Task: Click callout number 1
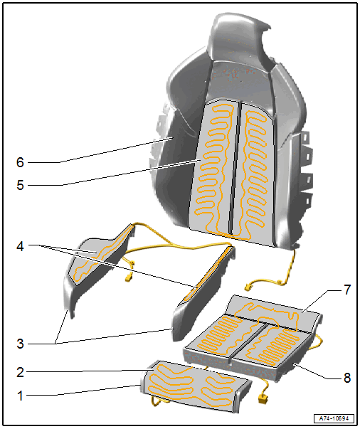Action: (20, 396)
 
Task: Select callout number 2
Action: (20, 372)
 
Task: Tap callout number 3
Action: (20, 344)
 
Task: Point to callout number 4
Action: (20, 246)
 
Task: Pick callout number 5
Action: (20, 185)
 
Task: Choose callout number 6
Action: (20, 162)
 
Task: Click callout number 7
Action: (347, 290)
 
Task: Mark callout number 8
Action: (347, 378)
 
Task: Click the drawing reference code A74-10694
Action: (334, 418)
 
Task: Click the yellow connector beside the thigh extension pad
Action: (263, 398)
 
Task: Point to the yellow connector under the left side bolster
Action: (129, 278)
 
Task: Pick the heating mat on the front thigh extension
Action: (192, 385)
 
